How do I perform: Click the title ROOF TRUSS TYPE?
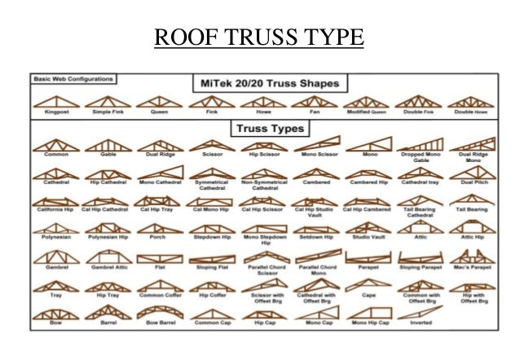click(x=259, y=38)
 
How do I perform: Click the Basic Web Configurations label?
click(x=74, y=79)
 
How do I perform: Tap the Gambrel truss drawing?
click(x=56, y=255)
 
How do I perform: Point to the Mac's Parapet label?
click(x=472, y=266)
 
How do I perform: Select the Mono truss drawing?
click(x=368, y=143)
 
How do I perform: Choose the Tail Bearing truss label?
click(x=472, y=209)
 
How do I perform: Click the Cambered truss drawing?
click(x=315, y=172)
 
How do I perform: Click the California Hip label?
click(x=56, y=209)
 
